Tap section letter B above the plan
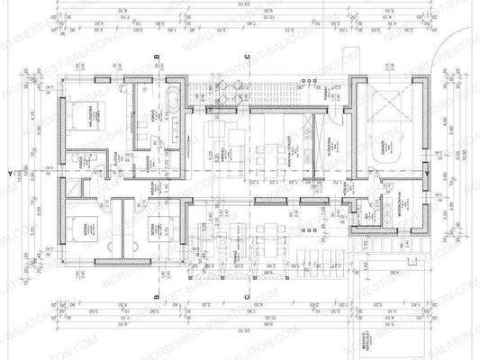[158, 57]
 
